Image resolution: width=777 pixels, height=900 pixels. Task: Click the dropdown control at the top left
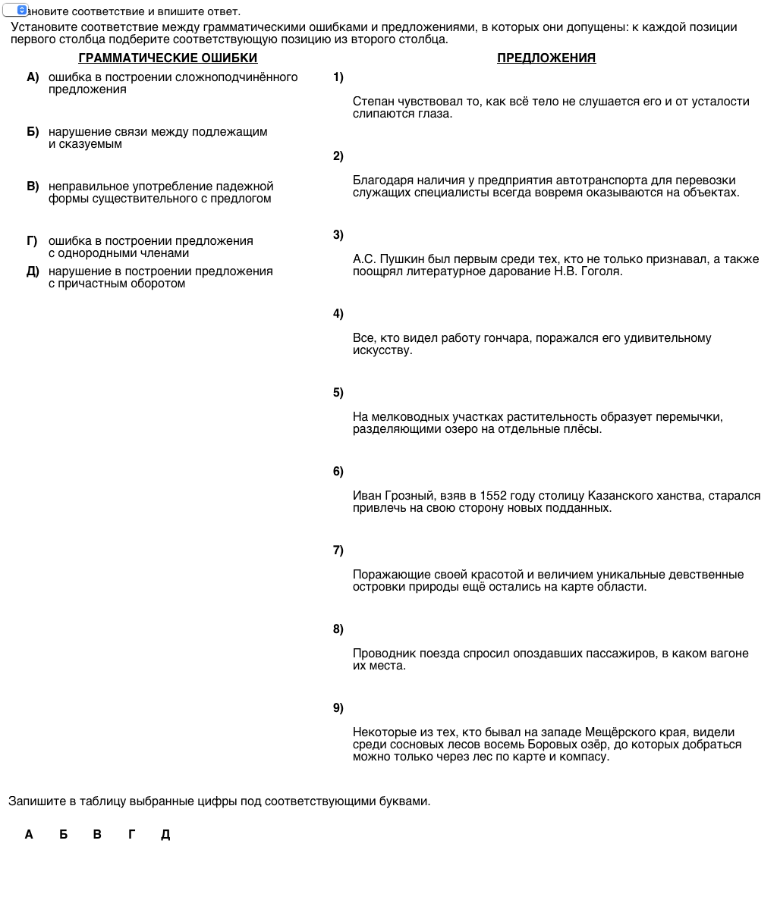[15, 11]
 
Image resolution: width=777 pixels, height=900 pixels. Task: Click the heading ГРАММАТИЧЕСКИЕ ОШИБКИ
[168, 58]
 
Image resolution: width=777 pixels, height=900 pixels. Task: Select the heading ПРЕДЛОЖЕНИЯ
[546, 58]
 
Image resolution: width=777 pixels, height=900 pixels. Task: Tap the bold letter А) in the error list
[33, 77]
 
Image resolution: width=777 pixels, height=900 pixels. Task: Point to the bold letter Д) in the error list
[33, 271]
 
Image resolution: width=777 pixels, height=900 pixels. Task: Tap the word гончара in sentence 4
[508, 338]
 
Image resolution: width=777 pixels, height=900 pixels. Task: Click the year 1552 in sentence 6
[493, 496]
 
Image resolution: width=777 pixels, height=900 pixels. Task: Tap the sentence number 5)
[338, 393]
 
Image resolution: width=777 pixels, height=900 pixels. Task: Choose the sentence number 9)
[338, 708]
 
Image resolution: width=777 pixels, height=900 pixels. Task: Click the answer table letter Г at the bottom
[132, 835]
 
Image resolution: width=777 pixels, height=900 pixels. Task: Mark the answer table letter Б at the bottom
[64, 835]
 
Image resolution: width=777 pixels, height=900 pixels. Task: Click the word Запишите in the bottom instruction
[33, 801]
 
